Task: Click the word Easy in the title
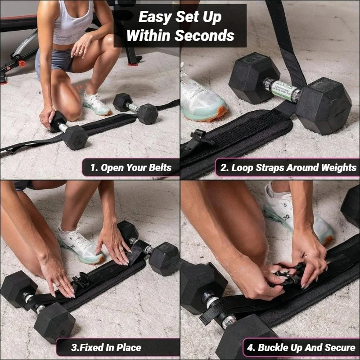pyautogui.click(x=154, y=17)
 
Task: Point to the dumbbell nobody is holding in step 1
pyautogui.click(x=135, y=108)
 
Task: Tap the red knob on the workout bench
pyautogui.click(x=22, y=64)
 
